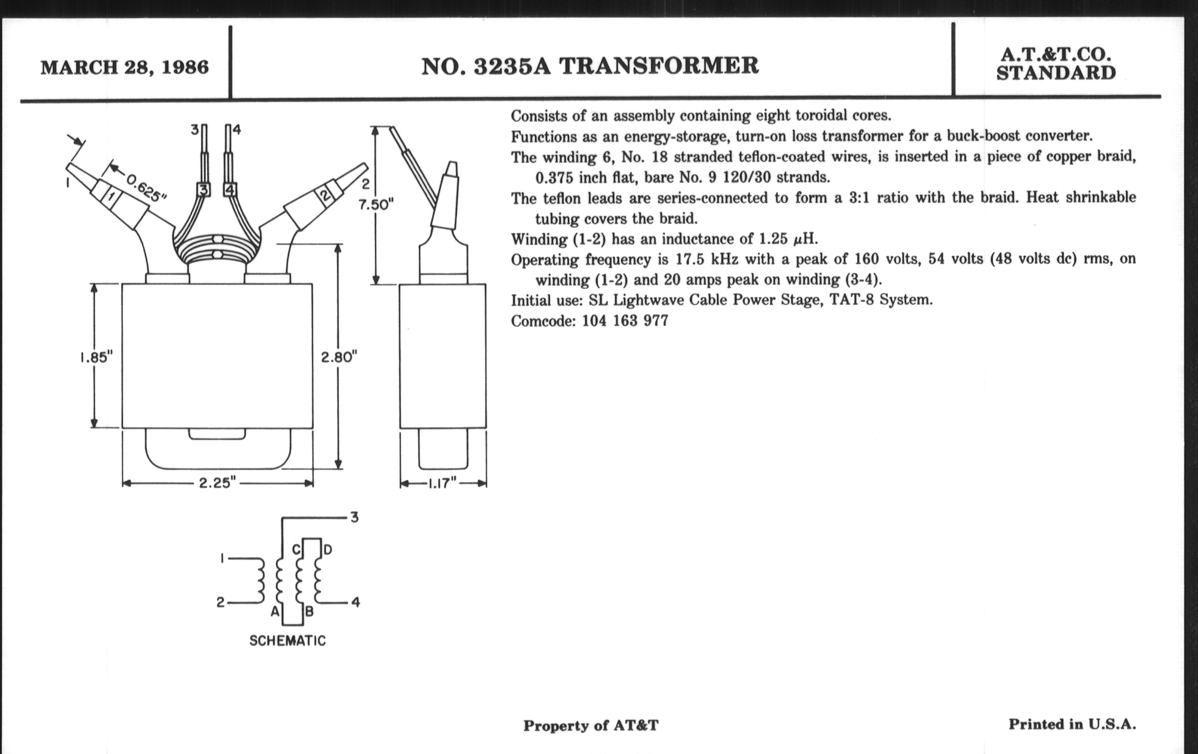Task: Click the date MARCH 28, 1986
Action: tap(124, 67)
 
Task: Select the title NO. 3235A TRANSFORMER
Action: tap(590, 66)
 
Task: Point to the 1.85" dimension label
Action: tap(97, 357)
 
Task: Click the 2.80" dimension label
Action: tap(339, 357)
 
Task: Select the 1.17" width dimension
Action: tap(442, 483)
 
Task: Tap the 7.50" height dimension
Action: tap(376, 205)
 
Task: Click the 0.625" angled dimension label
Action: tap(145, 188)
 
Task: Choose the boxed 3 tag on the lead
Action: tap(203, 190)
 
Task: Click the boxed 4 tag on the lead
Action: tap(230, 190)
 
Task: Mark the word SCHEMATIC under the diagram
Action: tap(288, 641)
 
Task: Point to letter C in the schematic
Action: tap(296, 550)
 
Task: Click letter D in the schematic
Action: tap(328, 550)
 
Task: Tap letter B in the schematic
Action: tap(309, 612)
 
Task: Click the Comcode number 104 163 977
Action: tap(625, 320)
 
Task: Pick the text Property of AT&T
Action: tap(591, 725)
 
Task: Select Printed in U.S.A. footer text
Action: tap(1072, 724)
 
